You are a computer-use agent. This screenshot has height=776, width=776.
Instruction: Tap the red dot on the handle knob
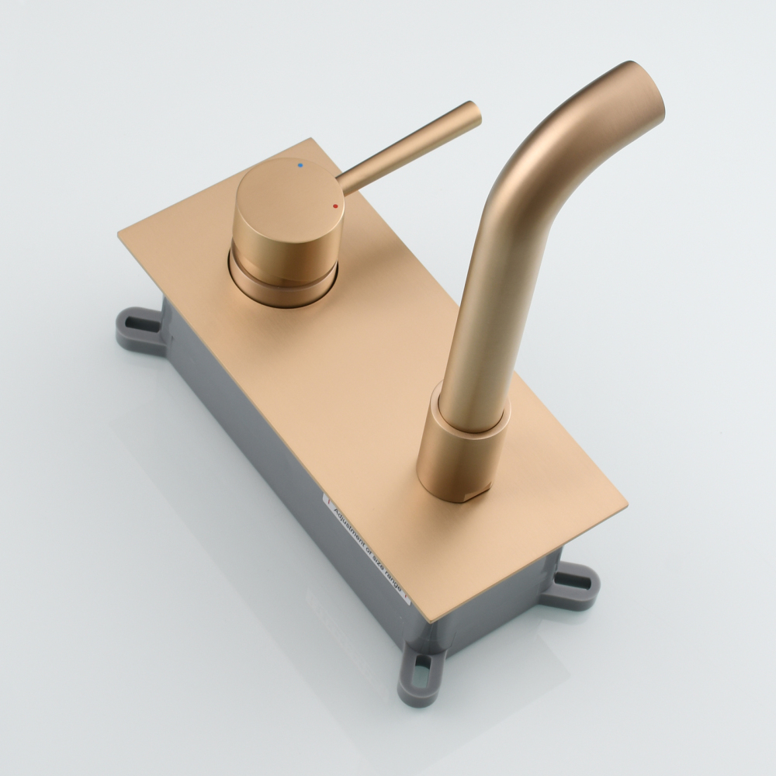click(335, 206)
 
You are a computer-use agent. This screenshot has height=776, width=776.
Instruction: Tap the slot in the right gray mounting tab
click(576, 577)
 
